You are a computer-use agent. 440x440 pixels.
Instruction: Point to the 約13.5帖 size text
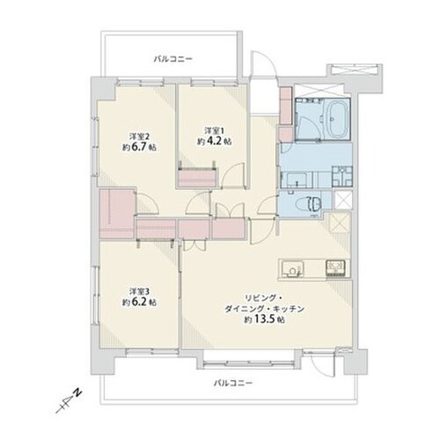(x=265, y=319)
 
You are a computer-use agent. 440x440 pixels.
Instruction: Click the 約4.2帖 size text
(x=215, y=141)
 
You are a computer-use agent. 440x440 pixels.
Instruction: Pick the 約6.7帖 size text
(x=139, y=148)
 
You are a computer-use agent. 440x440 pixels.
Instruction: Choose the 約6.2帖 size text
(x=139, y=303)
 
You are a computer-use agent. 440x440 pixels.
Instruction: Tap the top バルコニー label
(x=173, y=60)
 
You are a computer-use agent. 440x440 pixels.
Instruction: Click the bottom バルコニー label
(x=233, y=383)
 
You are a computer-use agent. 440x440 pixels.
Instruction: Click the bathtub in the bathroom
(x=337, y=119)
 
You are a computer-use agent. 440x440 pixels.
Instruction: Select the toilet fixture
(x=310, y=203)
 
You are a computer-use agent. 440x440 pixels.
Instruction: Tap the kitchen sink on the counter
(x=292, y=268)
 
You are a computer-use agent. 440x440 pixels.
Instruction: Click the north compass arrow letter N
(x=77, y=392)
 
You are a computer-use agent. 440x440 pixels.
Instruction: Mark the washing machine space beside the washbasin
(x=342, y=176)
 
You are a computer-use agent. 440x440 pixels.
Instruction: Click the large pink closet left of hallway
(x=117, y=214)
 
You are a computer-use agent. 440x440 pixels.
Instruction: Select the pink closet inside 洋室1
(x=197, y=178)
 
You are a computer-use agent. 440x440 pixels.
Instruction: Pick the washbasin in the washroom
(x=297, y=180)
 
